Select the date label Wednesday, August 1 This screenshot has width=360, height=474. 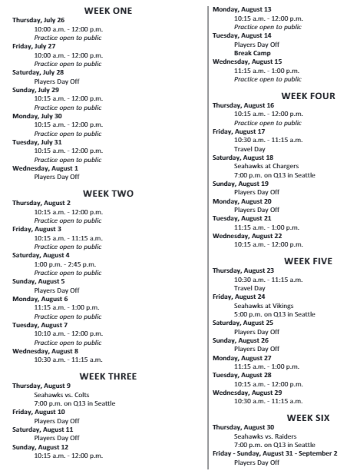[46, 167]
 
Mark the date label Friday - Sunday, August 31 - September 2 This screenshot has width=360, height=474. [274, 453]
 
